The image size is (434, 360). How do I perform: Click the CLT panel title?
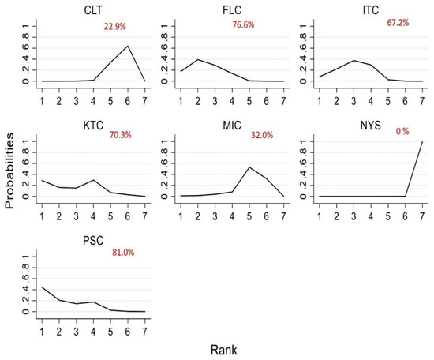click(x=93, y=10)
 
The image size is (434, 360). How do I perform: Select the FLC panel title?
click(x=232, y=10)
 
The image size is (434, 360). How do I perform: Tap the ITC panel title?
click(x=371, y=10)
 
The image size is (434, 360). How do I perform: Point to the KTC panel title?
click(x=93, y=126)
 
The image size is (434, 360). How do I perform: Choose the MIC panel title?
click(x=232, y=126)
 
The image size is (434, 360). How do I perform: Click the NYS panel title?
click(x=371, y=126)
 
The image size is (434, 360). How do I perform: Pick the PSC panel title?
click(x=93, y=240)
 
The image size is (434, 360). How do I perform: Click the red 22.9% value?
click(x=115, y=27)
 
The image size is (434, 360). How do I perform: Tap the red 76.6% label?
click(x=243, y=24)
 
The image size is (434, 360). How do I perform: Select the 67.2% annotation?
click(x=398, y=22)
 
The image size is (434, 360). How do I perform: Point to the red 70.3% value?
click(x=121, y=135)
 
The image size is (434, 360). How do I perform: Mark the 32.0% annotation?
click(x=262, y=135)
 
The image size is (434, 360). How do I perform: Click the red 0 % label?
click(x=402, y=131)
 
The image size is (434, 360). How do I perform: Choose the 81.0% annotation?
click(x=123, y=253)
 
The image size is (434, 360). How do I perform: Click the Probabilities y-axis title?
click(x=9, y=171)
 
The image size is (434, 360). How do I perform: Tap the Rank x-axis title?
click(x=223, y=350)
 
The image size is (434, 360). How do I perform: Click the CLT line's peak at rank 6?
click(x=128, y=46)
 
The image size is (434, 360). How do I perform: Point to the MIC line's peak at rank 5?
click(x=249, y=167)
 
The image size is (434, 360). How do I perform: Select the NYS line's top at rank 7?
click(x=422, y=142)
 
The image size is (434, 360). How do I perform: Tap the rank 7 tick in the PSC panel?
click(x=144, y=332)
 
